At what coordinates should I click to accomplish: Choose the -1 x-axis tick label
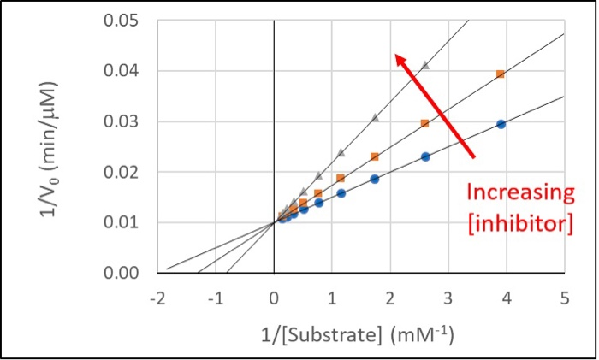click(x=214, y=298)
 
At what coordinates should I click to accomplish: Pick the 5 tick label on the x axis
click(x=565, y=298)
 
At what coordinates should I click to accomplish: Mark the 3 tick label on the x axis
click(x=448, y=298)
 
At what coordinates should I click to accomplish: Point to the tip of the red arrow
click(x=395, y=55)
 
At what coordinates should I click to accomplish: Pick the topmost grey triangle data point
click(x=425, y=65)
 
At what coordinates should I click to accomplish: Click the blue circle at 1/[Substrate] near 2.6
click(x=425, y=156)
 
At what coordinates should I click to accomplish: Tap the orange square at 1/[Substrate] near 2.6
click(x=425, y=123)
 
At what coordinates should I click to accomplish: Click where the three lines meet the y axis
click(x=274, y=222)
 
